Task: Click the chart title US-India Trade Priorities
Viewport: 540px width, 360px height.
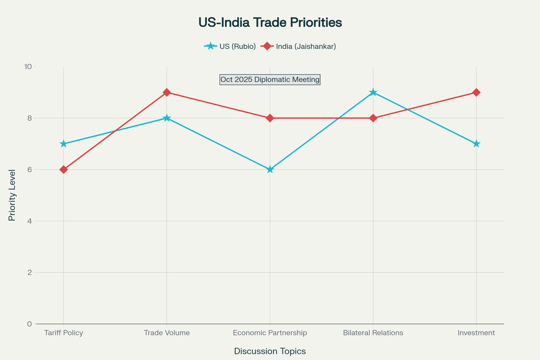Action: click(x=270, y=23)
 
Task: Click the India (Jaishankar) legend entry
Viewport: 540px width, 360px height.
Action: click(x=299, y=46)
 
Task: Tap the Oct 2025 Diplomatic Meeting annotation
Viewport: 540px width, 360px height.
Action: click(x=270, y=80)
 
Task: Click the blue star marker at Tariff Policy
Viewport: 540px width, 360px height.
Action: click(x=63, y=144)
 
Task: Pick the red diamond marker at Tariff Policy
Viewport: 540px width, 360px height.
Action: click(x=63, y=169)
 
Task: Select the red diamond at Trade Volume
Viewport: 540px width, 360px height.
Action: click(x=167, y=92)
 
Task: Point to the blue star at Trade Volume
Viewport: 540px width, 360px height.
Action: click(x=167, y=118)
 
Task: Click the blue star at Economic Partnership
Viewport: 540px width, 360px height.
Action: click(x=270, y=169)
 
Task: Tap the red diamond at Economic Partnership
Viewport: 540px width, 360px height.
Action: click(x=270, y=118)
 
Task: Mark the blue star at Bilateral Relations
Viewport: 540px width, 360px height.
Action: click(x=373, y=92)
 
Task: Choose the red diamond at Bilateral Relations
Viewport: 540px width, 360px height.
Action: click(x=373, y=118)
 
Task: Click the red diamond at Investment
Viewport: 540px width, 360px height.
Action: click(x=476, y=92)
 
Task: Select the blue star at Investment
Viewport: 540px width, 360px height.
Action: click(x=476, y=144)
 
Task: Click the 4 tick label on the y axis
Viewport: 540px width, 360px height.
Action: click(x=29, y=221)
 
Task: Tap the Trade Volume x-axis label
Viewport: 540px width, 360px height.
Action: click(x=167, y=333)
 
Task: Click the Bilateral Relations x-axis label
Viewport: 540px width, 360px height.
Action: click(x=373, y=333)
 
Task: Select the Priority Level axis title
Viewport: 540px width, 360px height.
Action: click(x=12, y=195)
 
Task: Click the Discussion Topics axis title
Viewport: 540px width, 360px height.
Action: click(x=270, y=351)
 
